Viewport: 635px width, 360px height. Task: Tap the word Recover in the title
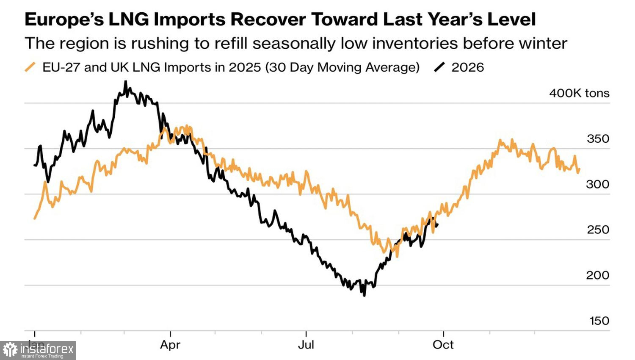click(x=268, y=19)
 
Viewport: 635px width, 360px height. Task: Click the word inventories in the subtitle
click(x=399, y=43)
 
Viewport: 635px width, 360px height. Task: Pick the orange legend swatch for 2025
click(x=30, y=67)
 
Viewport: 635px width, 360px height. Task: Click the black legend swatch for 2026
click(x=439, y=67)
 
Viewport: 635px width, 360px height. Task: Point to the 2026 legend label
click(x=468, y=67)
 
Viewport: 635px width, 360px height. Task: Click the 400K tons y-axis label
click(x=579, y=93)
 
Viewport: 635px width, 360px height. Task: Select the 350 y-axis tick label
click(x=598, y=139)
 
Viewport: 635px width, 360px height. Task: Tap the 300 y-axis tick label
click(x=598, y=184)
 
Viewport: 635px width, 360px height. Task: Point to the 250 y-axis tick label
click(x=598, y=230)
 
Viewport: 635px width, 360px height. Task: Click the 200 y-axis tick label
click(x=598, y=275)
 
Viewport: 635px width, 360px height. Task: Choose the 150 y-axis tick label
click(x=599, y=321)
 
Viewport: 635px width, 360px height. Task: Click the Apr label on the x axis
click(x=170, y=345)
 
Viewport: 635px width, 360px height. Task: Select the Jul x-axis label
click(x=306, y=345)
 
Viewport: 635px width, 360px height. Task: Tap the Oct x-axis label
click(x=443, y=345)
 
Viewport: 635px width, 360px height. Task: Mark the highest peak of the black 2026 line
click(x=126, y=81)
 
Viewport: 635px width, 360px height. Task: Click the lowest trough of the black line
click(x=364, y=296)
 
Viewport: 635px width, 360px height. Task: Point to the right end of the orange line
click(x=580, y=169)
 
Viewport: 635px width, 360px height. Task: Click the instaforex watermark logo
click(x=38, y=350)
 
